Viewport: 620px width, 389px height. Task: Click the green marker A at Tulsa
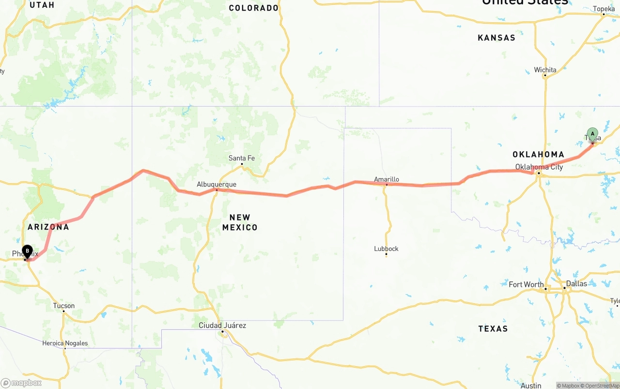tap(592, 134)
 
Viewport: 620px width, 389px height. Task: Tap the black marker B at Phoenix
tap(28, 251)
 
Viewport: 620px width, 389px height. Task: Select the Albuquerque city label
tap(217, 184)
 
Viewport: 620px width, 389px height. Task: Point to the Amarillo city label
tap(387, 179)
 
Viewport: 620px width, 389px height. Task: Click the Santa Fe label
tap(242, 158)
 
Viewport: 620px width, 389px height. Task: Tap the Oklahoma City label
tap(539, 167)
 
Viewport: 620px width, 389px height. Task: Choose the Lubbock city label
tap(386, 249)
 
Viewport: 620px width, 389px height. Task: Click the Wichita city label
tap(545, 70)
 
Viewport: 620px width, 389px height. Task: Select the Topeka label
tap(604, 9)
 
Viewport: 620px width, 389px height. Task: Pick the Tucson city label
tap(64, 306)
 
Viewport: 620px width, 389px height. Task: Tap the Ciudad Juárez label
tap(222, 325)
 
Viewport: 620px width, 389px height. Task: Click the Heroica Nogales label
tap(65, 343)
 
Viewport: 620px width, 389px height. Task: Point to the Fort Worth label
tap(526, 284)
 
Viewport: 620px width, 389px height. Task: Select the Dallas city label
tap(576, 283)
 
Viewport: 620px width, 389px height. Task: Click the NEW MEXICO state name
tap(240, 222)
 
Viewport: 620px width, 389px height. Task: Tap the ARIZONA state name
tap(48, 227)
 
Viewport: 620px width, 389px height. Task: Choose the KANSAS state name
tap(496, 38)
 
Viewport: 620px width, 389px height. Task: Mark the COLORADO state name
tap(254, 8)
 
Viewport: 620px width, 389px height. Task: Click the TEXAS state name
tap(493, 328)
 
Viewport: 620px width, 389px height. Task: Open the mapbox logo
tap(21, 383)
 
